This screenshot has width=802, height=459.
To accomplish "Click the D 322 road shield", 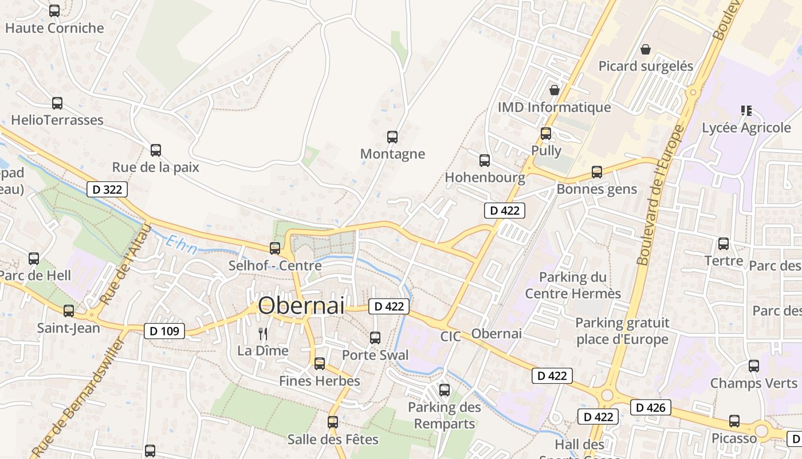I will click(x=107, y=189).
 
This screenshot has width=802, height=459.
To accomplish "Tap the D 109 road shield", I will click(x=164, y=330).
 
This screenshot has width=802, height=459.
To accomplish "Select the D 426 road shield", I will click(x=650, y=407).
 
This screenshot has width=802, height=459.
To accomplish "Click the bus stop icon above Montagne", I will click(x=392, y=137).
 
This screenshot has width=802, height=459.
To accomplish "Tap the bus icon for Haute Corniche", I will click(x=54, y=11).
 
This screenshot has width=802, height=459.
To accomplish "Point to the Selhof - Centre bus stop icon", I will click(x=275, y=248).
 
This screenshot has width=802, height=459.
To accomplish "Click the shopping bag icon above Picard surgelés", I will click(x=646, y=49).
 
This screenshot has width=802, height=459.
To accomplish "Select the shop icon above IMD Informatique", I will click(x=554, y=90).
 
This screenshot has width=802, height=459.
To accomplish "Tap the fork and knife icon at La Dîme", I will click(x=263, y=333).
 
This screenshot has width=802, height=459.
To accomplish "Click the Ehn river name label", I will click(x=180, y=245).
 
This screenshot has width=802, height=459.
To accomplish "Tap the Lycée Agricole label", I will click(x=746, y=127).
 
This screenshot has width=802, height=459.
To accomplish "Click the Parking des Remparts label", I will click(x=444, y=415).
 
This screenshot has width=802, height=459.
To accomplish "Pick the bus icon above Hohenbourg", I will click(x=485, y=161).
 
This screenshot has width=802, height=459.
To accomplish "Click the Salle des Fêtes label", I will click(x=333, y=439).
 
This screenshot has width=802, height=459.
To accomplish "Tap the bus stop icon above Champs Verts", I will click(x=754, y=366).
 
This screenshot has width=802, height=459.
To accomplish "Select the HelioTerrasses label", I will click(x=57, y=120).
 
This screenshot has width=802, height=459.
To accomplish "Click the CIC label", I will click(x=450, y=336).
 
